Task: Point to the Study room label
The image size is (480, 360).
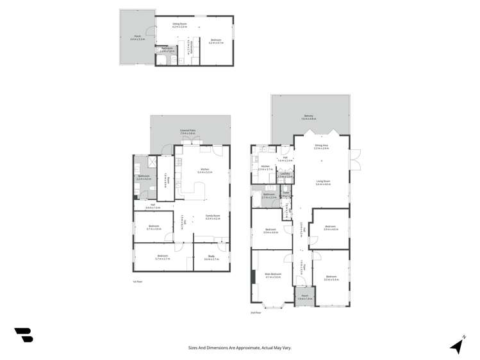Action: point(211,258)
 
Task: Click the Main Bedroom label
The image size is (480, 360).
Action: point(273,275)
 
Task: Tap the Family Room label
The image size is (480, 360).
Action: point(212,217)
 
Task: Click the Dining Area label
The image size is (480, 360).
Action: point(321,147)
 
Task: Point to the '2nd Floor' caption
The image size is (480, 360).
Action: point(256,313)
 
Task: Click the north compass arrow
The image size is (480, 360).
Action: point(457,346)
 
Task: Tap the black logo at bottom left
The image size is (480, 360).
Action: point(23,334)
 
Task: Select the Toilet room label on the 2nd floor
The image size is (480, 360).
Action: point(286,194)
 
